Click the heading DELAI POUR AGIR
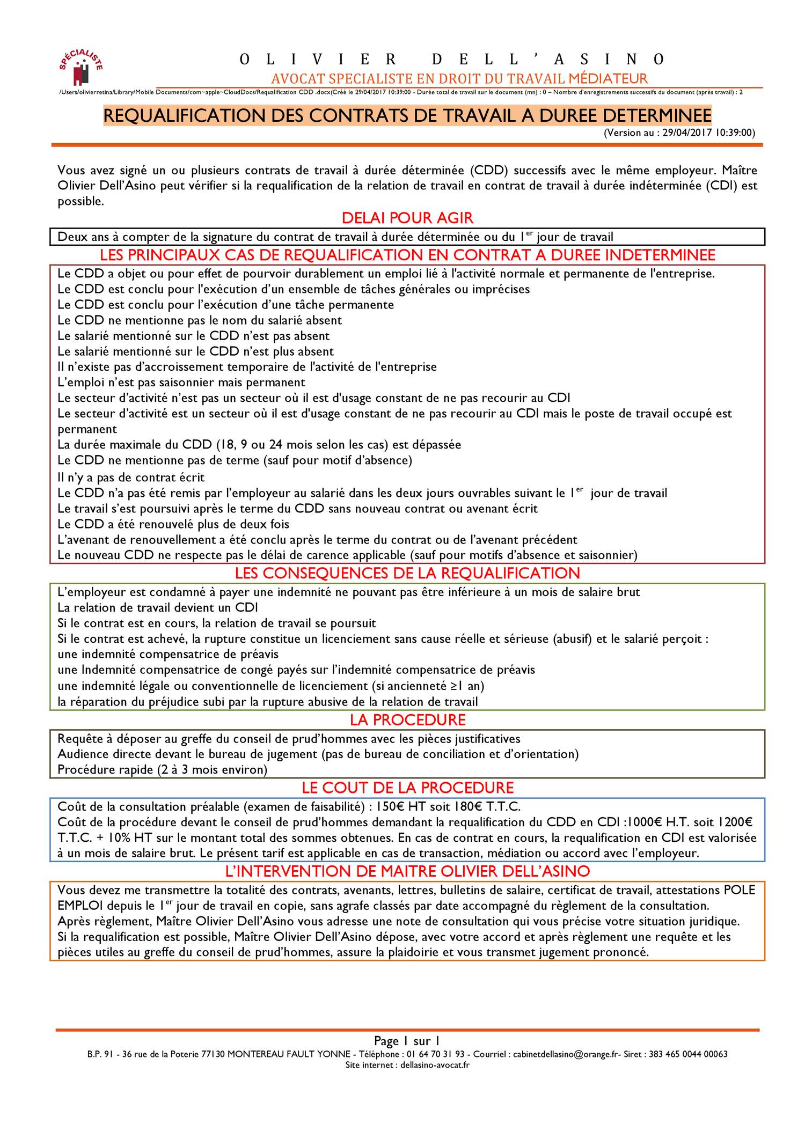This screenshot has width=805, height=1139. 407,218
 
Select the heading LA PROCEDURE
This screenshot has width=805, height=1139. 407,719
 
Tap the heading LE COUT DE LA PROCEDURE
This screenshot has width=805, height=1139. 407,788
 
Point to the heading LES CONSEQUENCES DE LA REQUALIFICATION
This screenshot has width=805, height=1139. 407,573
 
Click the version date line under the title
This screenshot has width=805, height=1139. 679,133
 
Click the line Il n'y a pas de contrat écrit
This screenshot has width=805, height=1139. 131,477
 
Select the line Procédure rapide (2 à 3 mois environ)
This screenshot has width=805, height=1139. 162,770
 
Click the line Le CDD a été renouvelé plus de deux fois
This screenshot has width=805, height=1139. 173,524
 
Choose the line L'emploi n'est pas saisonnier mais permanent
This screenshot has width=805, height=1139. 181,383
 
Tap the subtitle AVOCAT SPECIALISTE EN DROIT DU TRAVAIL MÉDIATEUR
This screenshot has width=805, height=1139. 459,79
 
